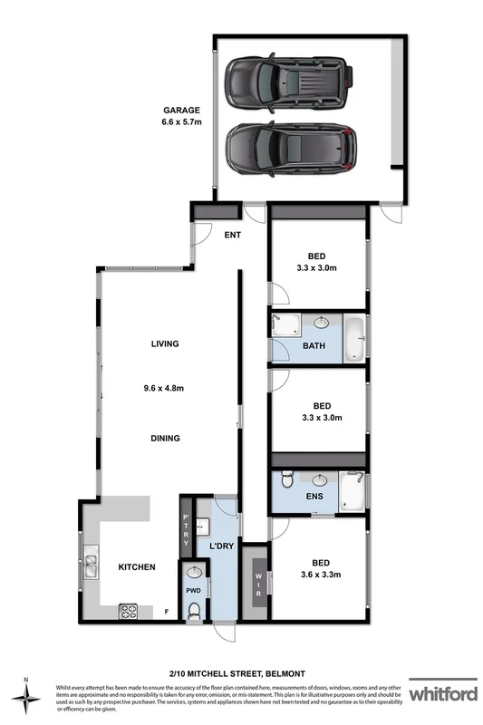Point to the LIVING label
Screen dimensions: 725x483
click(166, 343)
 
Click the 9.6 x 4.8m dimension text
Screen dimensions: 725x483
click(166, 389)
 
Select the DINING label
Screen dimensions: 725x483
click(166, 438)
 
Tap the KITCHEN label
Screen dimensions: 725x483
click(137, 567)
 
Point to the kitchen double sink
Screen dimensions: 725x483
click(92, 566)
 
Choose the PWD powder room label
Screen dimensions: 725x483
click(192, 590)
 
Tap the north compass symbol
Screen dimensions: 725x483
click(27, 695)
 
